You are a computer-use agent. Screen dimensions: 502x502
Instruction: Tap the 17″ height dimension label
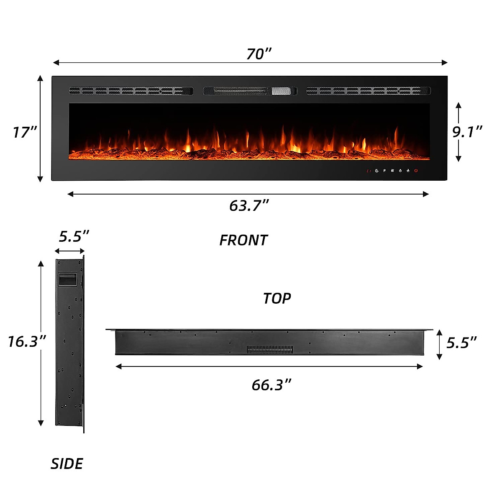click(x=25, y=132)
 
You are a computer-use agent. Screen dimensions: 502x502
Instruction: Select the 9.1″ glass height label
click(x=467, y=131)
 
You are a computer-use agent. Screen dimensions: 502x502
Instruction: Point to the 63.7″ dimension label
click(x=248, y=205)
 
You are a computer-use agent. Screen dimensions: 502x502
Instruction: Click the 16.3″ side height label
click(x=27, y=341)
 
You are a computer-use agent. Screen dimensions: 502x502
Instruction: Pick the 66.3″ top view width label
click(x=271, y=385)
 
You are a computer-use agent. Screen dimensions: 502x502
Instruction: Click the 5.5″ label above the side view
click(x=74, y=236)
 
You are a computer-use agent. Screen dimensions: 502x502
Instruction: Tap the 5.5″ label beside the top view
click(x=461, y=343)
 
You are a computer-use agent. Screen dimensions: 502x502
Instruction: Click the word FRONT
click(x=243, y=240)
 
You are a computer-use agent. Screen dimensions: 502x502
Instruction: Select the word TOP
click(x=277, y=298)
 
